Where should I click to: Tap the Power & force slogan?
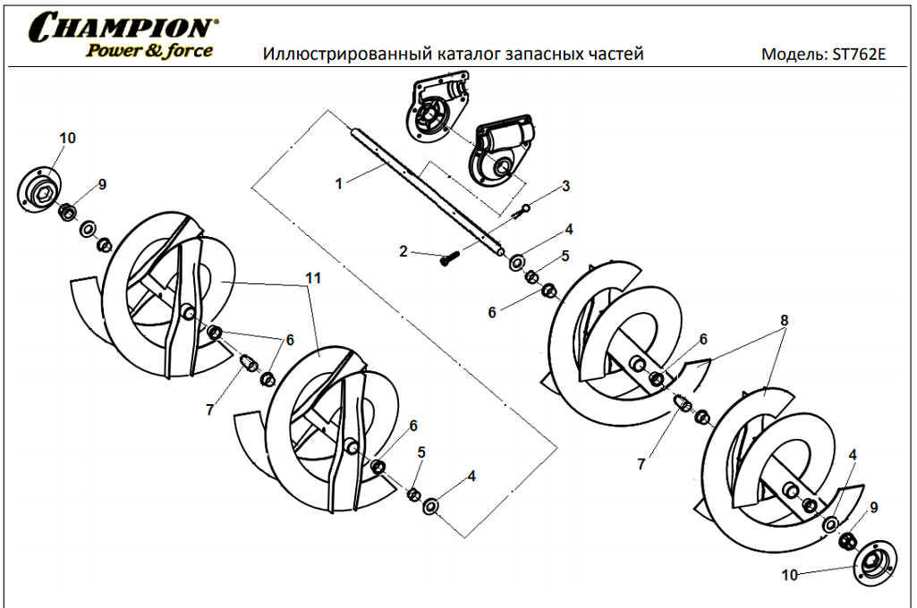[149, 50]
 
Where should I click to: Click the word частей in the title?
[613, 55]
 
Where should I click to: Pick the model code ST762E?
[858, 55]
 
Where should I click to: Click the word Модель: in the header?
[794, 55]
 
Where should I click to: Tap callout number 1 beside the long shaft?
[339, 183]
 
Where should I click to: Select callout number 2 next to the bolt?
[403, 252]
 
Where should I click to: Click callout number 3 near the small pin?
[565, 186]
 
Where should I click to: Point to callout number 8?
[784, 319]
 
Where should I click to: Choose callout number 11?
[312, 279]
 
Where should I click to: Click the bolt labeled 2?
[448, 258]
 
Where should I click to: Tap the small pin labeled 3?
[522, 211]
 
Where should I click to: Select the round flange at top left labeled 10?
[41, 188]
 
